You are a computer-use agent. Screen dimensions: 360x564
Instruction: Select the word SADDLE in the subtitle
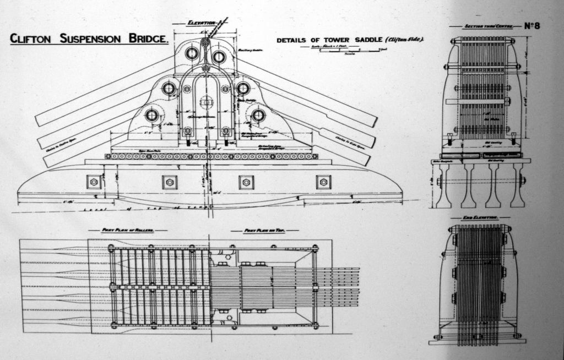click(x=366, y=40)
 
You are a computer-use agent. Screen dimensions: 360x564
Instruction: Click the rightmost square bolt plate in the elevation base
click(x=323, y=182)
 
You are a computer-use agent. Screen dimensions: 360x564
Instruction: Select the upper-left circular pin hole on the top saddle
click(x=192, y=53)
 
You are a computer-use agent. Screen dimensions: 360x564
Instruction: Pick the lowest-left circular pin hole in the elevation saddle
click(x=152, y=115)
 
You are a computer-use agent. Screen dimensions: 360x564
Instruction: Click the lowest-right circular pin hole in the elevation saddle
click(x=258, y=115)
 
